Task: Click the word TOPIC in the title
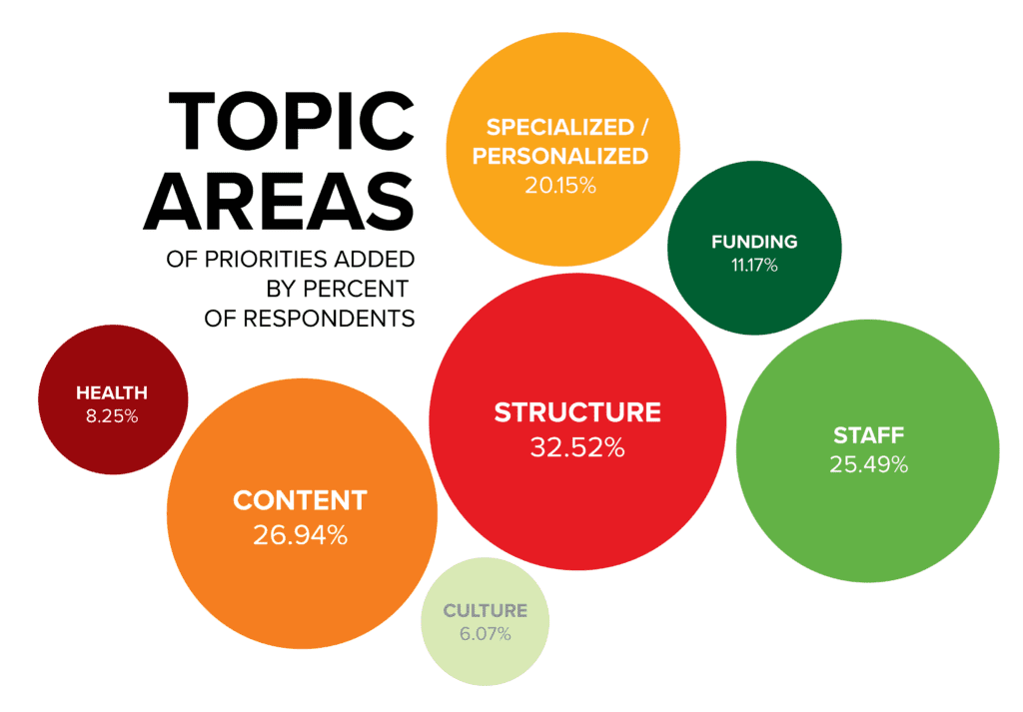click(291, 121)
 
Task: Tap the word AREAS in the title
click(279, 202)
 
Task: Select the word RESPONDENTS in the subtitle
click(329, 319)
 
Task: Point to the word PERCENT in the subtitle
click(356, 289)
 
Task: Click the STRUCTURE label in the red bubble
click(577, 412)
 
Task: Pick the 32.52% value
click(577, 448)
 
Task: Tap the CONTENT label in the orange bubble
click(300, 500)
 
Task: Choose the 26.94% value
click(300, 535)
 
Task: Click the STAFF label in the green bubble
click(868, 435)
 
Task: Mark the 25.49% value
click(868, 465)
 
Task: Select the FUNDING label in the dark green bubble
click(754, 242)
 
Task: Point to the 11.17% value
click(754, 266)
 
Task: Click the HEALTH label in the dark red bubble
click(112, 393)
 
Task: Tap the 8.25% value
click(112, 416)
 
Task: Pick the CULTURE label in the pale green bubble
click(485, 611)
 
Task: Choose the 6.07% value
click(485, 634)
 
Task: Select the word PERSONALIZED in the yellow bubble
click(559, 157)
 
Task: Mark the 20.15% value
click(560, 186)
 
